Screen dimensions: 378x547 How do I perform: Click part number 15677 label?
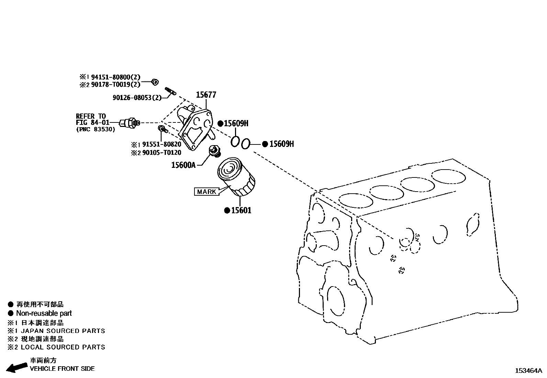tap(206, 95)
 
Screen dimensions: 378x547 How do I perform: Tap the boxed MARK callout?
tap(206, 192)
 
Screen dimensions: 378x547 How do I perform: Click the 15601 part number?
tap(241, 210)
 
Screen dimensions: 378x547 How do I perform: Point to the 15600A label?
tap(183, 165)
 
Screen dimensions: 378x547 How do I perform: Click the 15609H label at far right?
tap(281, 144)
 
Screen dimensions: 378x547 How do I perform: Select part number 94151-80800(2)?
tap(115, 78)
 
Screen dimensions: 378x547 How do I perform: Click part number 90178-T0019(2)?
tap(115, 85)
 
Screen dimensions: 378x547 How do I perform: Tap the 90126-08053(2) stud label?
tap(137, 98)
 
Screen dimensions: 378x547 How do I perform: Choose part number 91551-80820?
tap(161, 144)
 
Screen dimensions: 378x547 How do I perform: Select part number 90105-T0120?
tap(161, 153)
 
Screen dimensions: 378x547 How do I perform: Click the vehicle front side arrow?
tap(16, 367)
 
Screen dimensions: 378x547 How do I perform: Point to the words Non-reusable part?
tap(44, 313)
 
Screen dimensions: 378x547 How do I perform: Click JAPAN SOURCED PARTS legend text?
tap(63, 331)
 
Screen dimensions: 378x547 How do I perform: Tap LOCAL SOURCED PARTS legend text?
tap(63, 347)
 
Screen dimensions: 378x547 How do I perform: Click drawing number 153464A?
tap(528, 371)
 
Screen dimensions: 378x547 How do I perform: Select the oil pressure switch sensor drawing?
tap(130, 122)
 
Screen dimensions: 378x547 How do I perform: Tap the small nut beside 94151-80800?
tap(155, 82)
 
